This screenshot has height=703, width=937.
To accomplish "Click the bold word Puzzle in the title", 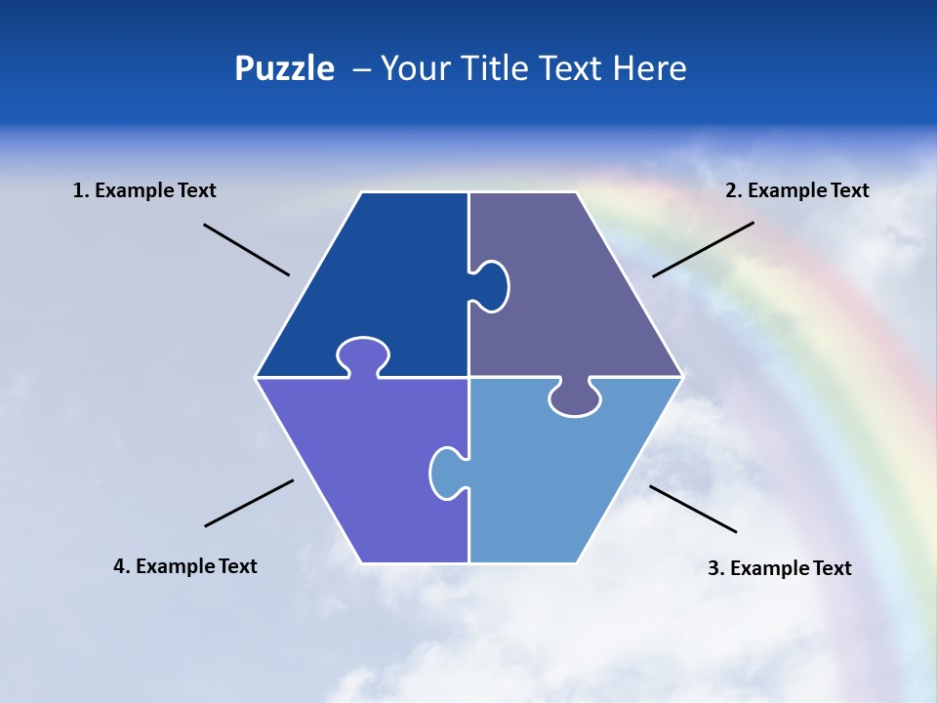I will [284, 68].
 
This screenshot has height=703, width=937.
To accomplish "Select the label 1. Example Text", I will [144, 190].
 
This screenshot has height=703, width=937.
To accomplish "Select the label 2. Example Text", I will [796, 190].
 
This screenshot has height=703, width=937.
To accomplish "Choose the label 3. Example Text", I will [779, 568].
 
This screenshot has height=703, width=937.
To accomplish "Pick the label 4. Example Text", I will [185, 566].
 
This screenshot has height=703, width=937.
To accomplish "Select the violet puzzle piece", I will [361, 459].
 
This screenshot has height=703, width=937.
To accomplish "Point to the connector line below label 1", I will [246, 249].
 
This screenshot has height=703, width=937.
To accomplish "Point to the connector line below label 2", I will [703, 249].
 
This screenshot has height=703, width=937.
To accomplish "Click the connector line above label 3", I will [693, 509].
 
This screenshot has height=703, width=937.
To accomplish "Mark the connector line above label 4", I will [249, 503].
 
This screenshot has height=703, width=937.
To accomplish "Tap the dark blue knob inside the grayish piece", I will [492, 285].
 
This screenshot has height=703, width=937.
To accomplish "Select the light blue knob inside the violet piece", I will [446, 473].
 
